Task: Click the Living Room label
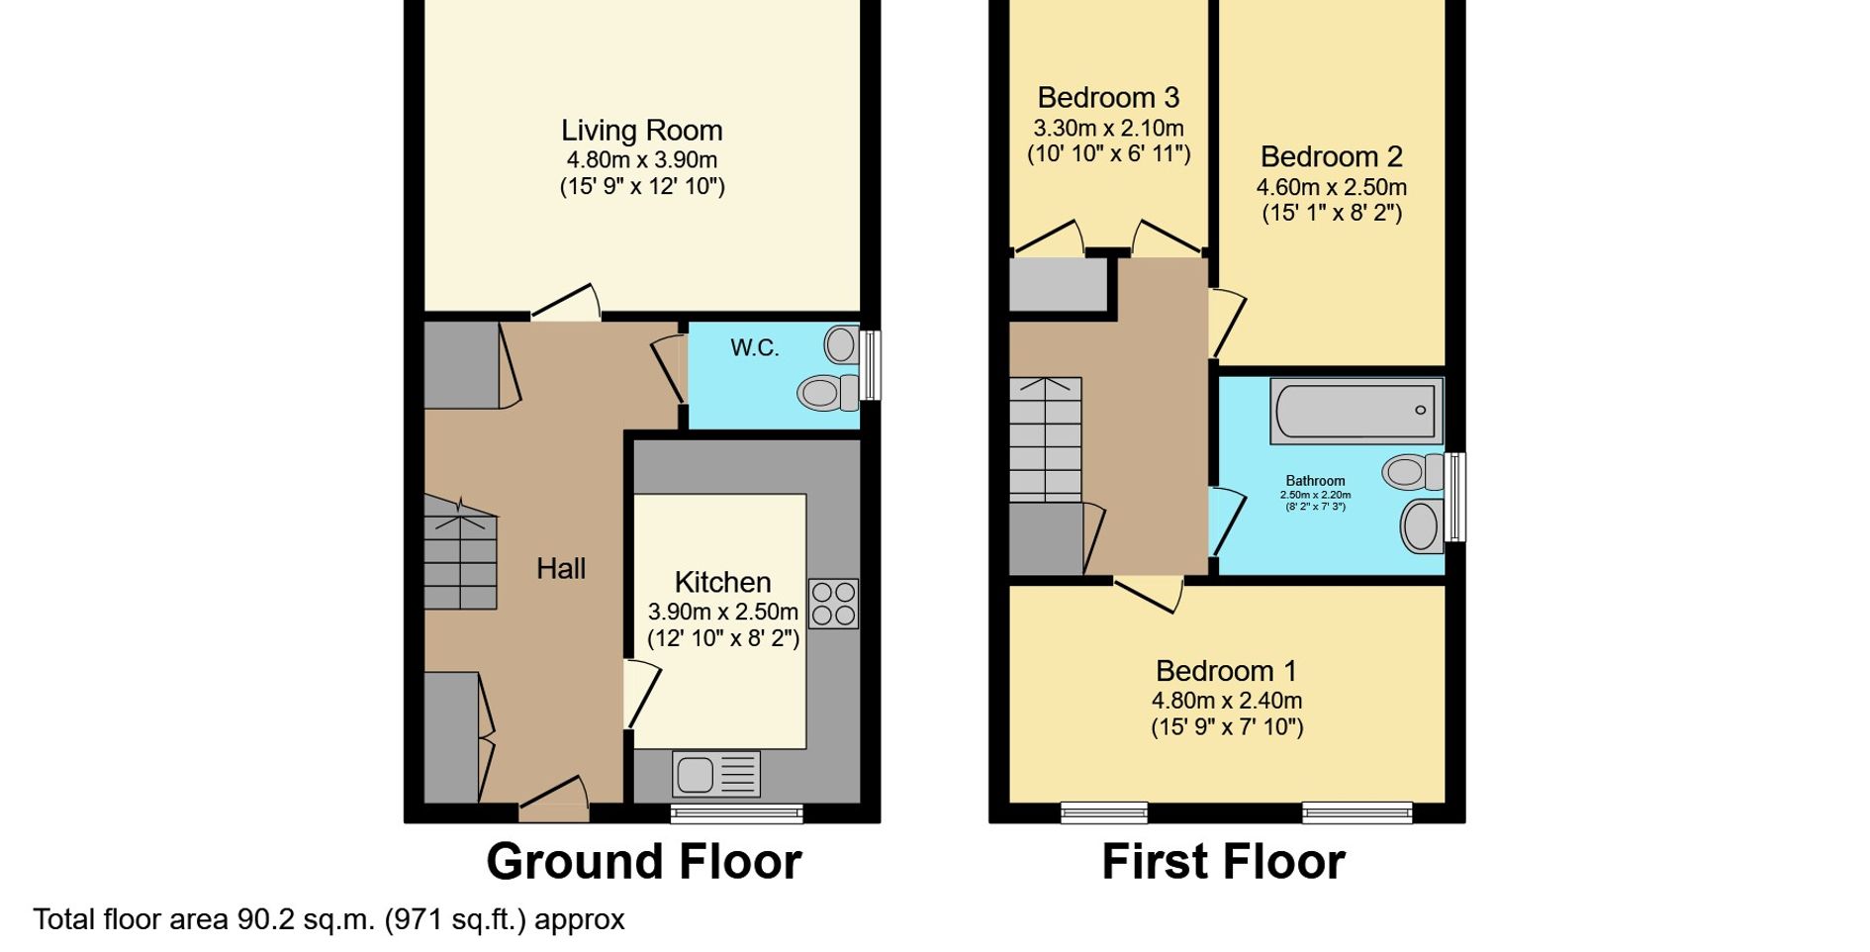(641, 131)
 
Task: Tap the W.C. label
(755, 347)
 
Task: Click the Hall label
(561, 568)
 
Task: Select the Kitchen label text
(722, 582)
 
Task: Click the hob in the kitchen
(833, 604)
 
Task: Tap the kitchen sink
(716, 774)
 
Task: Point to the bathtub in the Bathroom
(1356, 411)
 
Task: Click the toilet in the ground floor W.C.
(828, 393)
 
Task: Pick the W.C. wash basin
(842, 345)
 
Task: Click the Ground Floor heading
(643, 861)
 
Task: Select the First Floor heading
(1223, 861)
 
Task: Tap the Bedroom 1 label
(1226, 671)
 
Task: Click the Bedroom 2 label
(1331, 156)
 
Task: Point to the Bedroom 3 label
(1108, 97)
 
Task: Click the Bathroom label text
(1315, 481)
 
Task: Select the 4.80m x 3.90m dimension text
(641, 159)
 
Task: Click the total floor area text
(328, 919)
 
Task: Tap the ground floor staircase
(460, 552)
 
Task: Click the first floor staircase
(1045, 439)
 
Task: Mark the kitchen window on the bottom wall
(736, 813)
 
